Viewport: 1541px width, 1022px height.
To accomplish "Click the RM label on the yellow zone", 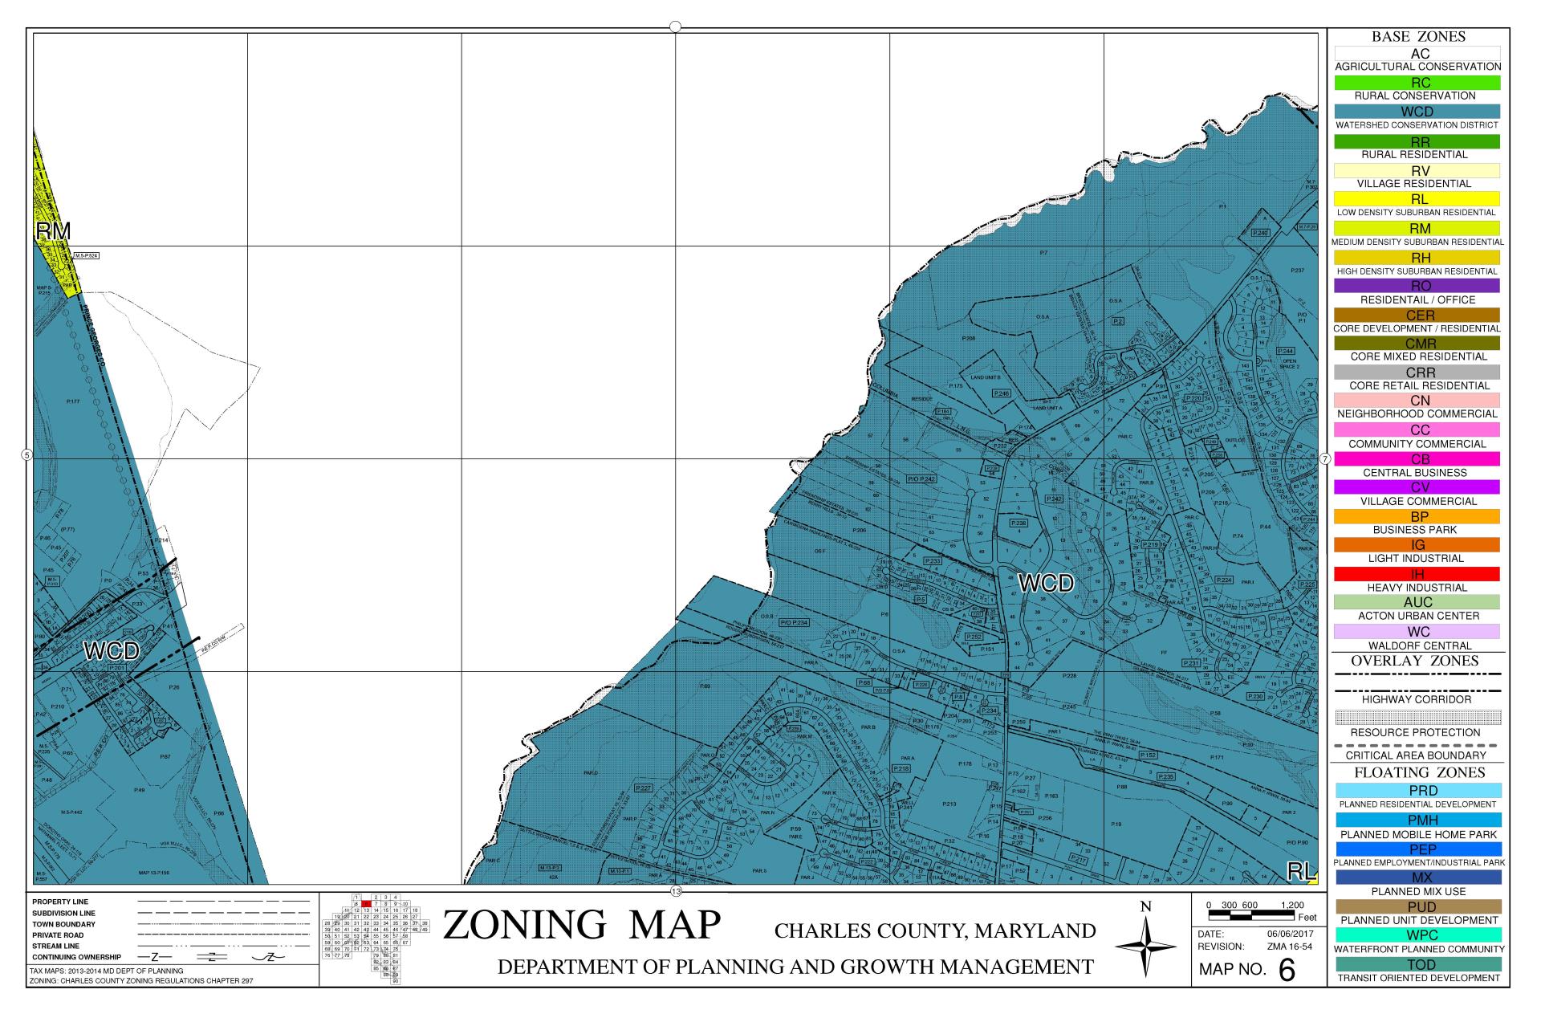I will (53, 231).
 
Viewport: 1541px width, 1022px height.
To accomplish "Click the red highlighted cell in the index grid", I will (366, 904).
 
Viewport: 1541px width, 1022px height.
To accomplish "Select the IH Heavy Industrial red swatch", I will (1417, 574).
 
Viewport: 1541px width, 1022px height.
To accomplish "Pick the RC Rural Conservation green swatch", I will (1417, 83).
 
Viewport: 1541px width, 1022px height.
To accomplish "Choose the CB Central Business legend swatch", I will (1417, 459).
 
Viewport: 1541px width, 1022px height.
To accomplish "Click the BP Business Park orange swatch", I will (1417, 516).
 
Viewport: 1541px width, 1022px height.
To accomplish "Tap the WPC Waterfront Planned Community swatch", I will (1417, 935).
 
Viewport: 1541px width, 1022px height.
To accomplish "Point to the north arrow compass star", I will (1146, 947).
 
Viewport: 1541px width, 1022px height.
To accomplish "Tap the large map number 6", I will (1287, 970).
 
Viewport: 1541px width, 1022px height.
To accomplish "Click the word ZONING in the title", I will (523, 925).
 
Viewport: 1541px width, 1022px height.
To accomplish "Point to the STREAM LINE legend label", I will (55, 947).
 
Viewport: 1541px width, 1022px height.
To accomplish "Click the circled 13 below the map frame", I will (676, 891).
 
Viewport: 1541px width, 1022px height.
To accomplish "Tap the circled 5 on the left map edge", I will (26, 455).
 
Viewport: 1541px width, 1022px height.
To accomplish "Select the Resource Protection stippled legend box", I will (1417, 717).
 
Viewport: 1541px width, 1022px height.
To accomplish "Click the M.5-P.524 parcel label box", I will (86, 256).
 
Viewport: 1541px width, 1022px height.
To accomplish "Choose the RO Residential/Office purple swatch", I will (1417, 286).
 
